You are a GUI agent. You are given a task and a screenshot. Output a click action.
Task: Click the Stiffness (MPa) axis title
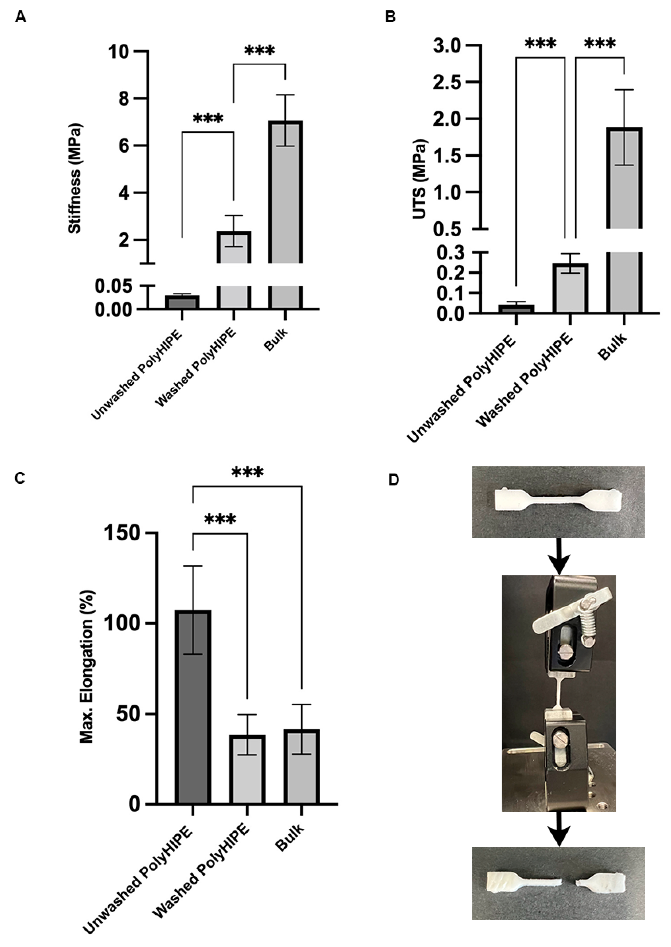tap(75, 178)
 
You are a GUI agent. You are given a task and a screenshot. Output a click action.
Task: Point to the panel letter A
tap(21, 18)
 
